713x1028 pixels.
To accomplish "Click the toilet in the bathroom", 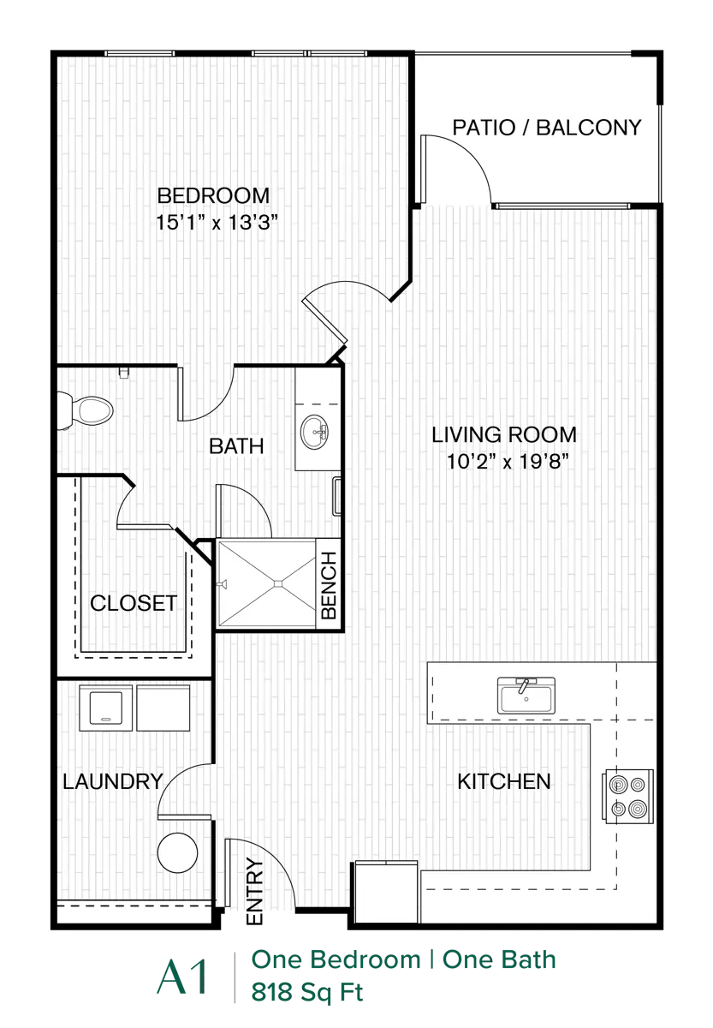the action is (x=86, y=409).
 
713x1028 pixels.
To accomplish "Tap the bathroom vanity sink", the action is (x=314, y=432).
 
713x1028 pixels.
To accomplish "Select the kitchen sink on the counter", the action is (x=526, y=696).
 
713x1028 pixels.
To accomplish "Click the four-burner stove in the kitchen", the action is (x=627, y=796).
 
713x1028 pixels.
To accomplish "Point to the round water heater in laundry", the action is (x=177, y=852).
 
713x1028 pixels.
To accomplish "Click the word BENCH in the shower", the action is (x=329, y=585).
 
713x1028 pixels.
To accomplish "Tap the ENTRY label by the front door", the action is (x=254, y=891).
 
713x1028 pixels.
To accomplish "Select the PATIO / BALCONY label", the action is (x=547, y=128).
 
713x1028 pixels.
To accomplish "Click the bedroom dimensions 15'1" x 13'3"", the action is (x=217, y=223).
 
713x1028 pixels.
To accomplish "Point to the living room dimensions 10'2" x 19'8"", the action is (x=508, y=461).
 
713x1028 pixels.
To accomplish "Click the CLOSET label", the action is (x=134, y=603).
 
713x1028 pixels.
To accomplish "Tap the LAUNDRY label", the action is (x=113, y=781).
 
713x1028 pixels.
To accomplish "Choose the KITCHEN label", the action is (x=504, y=781).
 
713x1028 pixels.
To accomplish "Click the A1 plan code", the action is (x=182, y=977).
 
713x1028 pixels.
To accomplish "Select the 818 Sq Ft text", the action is (x=307, y=992).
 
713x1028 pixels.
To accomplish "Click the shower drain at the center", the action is (x=278, y=583).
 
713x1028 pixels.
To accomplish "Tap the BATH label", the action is (x=236, y=446).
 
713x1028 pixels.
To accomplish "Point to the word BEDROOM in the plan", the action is (x=214, y=195).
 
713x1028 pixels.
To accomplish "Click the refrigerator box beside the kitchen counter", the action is (x=386, y=892).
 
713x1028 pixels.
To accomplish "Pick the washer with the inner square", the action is (x=106, y=708).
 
